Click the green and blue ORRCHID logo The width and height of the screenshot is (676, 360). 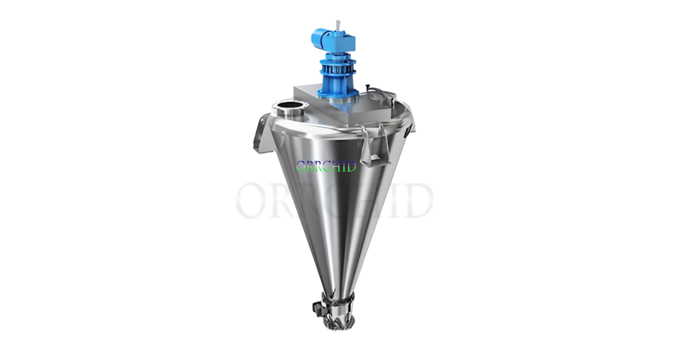[x=326, y=167]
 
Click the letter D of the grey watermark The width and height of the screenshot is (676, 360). [x=418, y=201]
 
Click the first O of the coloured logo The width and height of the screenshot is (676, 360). [x=301, y=167]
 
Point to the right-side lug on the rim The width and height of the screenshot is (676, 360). [x=408, y=127]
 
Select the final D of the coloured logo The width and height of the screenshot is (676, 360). [x=352, y=167]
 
